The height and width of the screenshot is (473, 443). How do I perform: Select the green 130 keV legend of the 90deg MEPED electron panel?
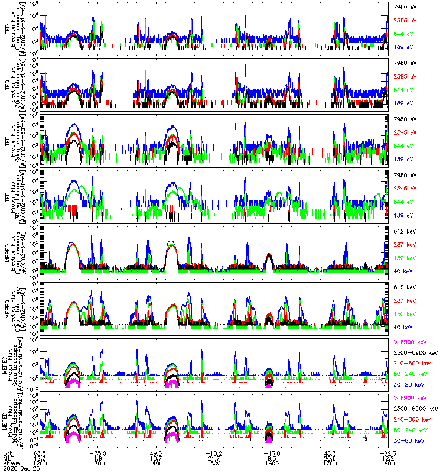tap(402, 314)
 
